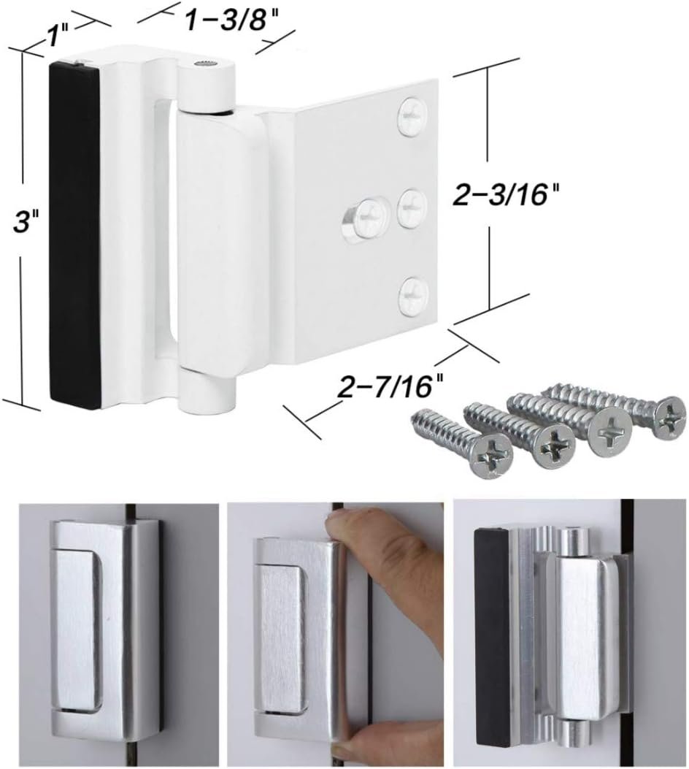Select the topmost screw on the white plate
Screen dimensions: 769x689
(x=413, y=116)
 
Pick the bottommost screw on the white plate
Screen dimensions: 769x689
(x=413, y=294)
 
